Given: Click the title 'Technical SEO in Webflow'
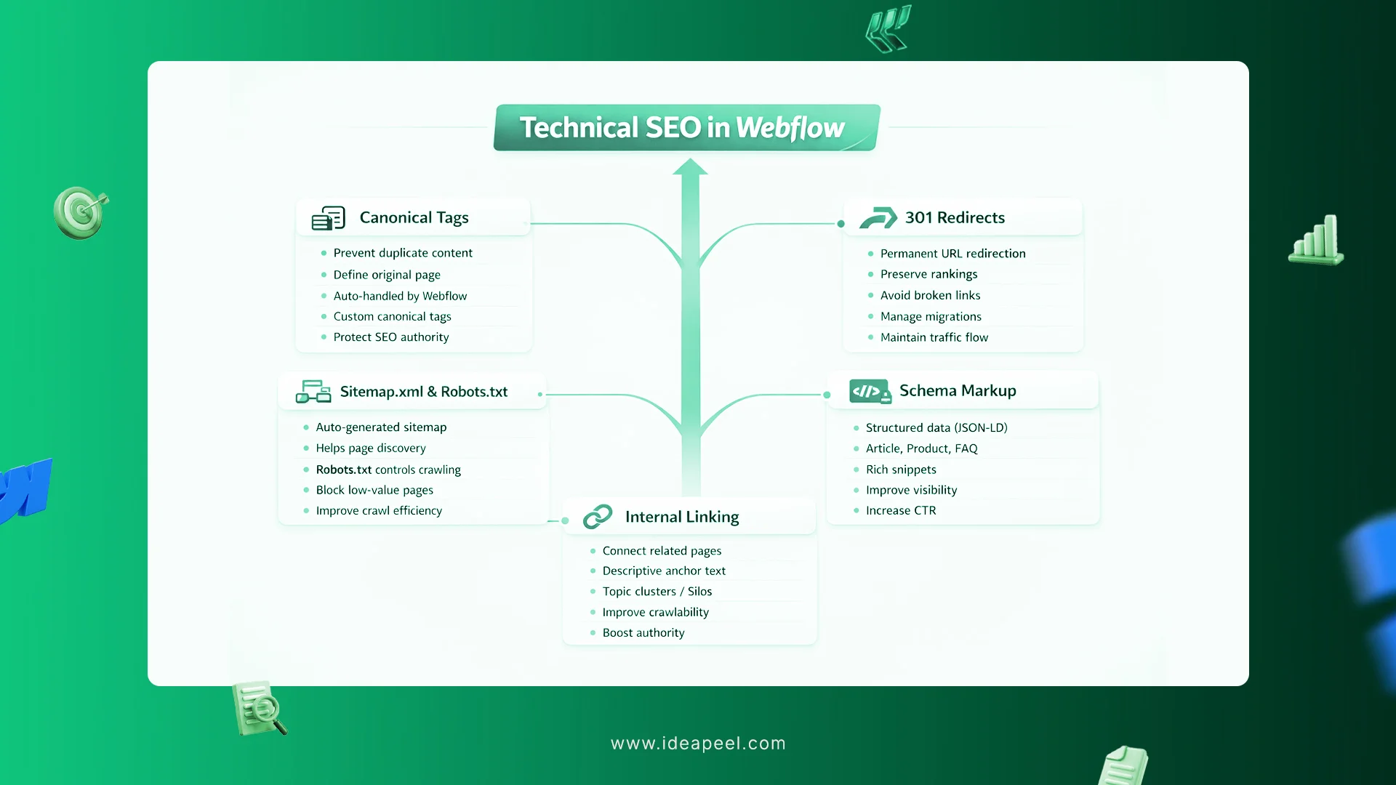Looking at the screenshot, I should point(682,128).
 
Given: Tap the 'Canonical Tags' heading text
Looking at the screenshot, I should point(414,217).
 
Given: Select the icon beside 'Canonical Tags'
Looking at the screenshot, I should point(328,218).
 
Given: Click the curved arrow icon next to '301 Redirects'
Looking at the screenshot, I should point(878,217).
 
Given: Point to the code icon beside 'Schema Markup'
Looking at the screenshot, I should point(870,391).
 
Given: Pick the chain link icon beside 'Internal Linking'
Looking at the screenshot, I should point(598,517).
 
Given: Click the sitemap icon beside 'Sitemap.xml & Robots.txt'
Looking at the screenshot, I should point(313,392).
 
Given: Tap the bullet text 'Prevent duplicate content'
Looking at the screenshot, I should point(403,253).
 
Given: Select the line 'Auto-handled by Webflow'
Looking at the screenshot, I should point(400,296).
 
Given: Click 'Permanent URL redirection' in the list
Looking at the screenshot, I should point(952,254).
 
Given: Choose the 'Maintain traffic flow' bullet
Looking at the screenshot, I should point(934,337).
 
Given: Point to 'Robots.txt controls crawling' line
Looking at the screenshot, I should point(388,470).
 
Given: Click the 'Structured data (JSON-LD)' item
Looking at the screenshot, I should point(936,427).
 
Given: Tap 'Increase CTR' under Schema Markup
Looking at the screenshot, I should point(901,510).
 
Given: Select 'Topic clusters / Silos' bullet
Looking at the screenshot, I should point(657,592).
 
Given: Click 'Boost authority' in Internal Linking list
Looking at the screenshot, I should point(643,632).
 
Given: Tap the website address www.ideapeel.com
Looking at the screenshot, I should point(698,743).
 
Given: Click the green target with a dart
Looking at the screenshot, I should point(80,213).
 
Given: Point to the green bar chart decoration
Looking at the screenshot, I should point(1316,241).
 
